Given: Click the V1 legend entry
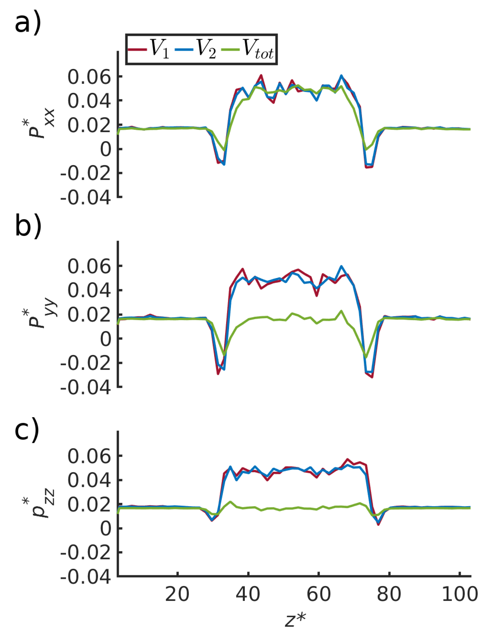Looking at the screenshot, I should (x=149, y=50).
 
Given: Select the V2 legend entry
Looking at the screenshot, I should (x=195, y=50).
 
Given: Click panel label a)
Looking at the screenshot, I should (x=28, y=23).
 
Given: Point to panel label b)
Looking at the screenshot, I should (x=28, y=225).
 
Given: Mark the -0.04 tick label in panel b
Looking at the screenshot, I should (x=85, y=387).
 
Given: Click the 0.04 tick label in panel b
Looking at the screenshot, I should (x=89, y=291).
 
